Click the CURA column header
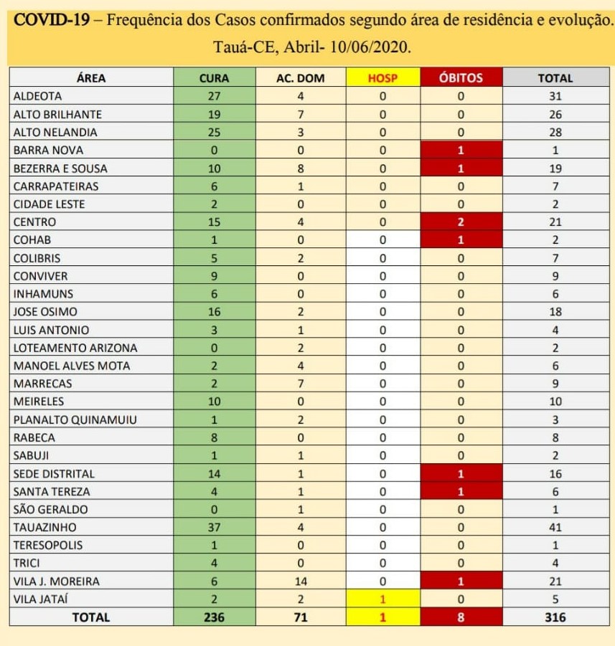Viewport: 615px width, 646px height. (214, 78)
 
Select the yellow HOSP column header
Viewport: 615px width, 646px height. (382, 78)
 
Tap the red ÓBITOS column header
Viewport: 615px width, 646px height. (461, 77)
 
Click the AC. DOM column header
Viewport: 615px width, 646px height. (301, 78)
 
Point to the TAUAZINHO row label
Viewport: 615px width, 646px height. (42, 528)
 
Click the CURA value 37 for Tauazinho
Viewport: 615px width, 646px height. (214, 528)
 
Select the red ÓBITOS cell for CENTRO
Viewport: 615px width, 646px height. (461, 222)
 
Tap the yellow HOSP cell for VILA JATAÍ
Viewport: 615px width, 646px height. (382, 599)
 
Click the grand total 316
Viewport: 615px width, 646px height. (555, 617)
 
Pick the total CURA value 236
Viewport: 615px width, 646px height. (214, 617)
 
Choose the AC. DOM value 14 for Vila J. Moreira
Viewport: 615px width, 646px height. (301, 581)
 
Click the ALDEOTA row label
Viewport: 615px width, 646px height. (37, 96)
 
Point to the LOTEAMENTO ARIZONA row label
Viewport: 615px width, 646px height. (75, 348)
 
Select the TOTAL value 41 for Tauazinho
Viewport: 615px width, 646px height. (555, 528)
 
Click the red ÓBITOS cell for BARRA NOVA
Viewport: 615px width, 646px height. (461, 150)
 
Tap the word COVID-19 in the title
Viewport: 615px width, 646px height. (52, 19)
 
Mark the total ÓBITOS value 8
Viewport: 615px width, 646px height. (461, 617)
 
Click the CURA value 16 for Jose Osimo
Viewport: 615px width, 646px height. (214, 312)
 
